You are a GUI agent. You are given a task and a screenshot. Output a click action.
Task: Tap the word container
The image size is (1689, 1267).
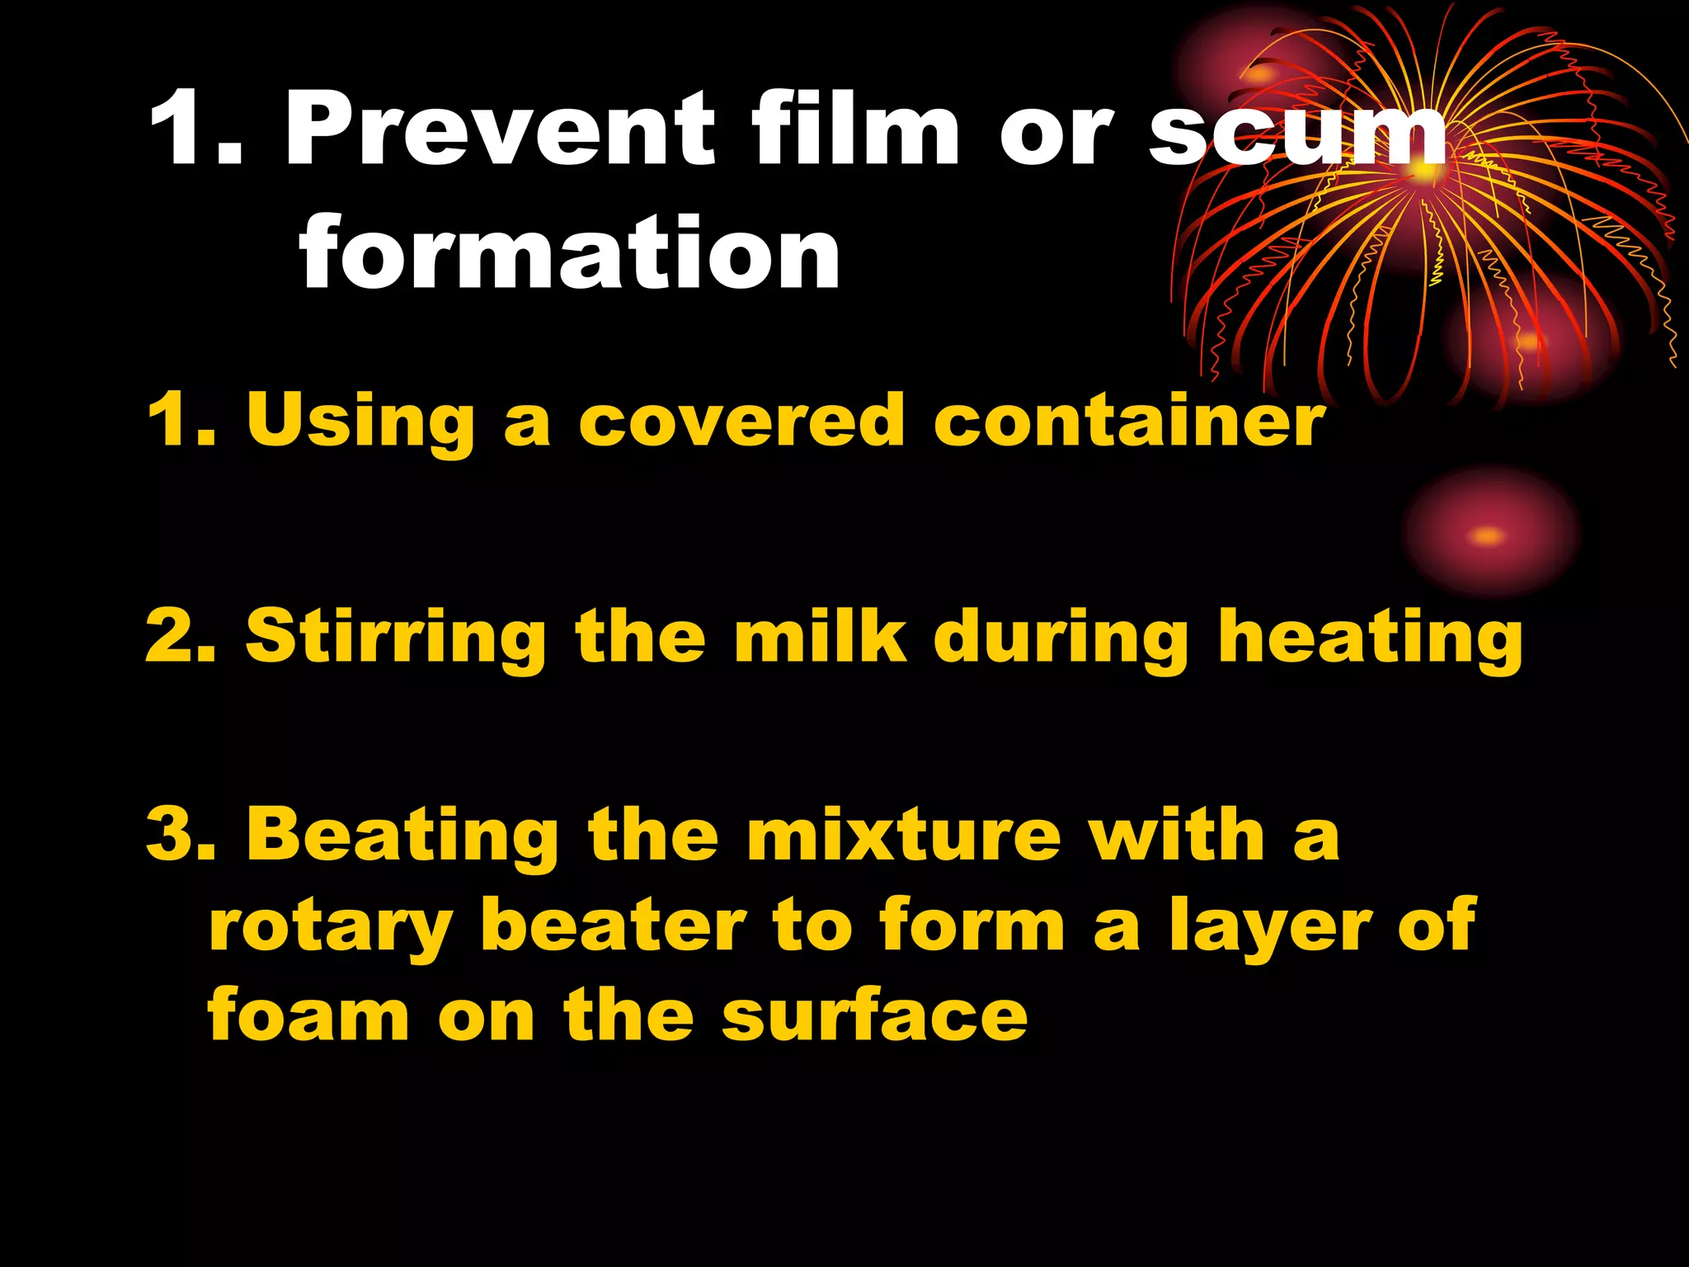[1129, 421]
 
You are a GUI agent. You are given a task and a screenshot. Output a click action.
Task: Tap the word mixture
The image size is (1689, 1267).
[904, 835]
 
